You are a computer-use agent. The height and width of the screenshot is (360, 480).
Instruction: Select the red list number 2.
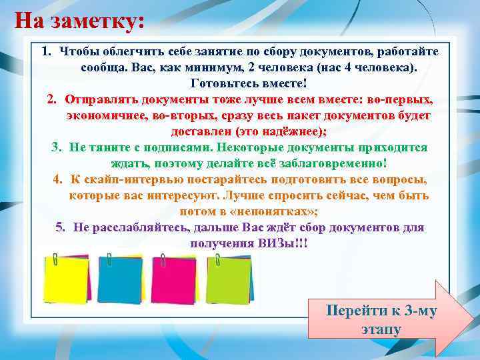(x=52, y=99)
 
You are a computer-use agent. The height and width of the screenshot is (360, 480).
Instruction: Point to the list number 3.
(x=56, y=147)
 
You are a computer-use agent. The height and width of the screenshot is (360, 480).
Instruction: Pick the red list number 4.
(x=58, y=179)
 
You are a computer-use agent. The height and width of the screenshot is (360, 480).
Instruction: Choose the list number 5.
(x=61, y=227)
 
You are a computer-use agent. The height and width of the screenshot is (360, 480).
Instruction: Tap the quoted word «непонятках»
(x=277, y=211)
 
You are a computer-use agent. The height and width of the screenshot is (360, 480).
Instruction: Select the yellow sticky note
(x=65, y=279)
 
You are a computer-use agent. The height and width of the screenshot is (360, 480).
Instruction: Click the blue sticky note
(x=119, y=279)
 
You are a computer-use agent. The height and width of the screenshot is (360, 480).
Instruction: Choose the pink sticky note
(x=174, y=279)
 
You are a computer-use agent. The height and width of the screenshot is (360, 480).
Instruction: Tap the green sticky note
(x=229, y=279)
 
